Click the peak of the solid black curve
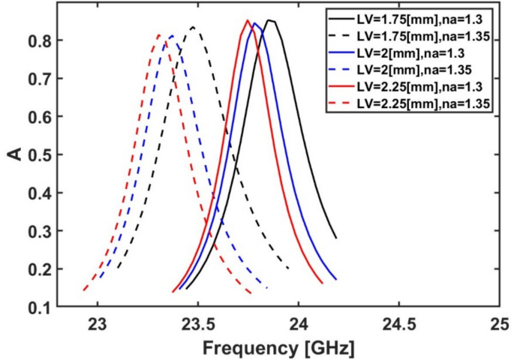(x=269, y=20)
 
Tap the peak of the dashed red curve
(x=158, y=34)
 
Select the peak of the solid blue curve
(x=255, y=22)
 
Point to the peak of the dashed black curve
(x=194, y=27)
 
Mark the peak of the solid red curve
(x=248, y=20)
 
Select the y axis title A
(x=16, y=155)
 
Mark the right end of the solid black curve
(x=336, y=238)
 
